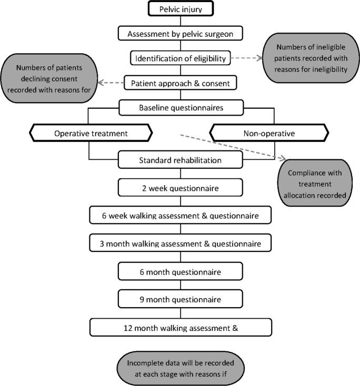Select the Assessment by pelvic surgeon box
181,34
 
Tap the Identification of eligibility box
181,58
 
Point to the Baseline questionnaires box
181,108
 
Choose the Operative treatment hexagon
91,134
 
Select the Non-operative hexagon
270,134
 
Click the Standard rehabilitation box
181,160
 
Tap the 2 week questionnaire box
181,187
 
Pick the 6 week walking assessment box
181,215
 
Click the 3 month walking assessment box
181,243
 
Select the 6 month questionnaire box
181,272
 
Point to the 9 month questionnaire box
181,300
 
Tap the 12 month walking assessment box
181,328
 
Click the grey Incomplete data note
180,368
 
